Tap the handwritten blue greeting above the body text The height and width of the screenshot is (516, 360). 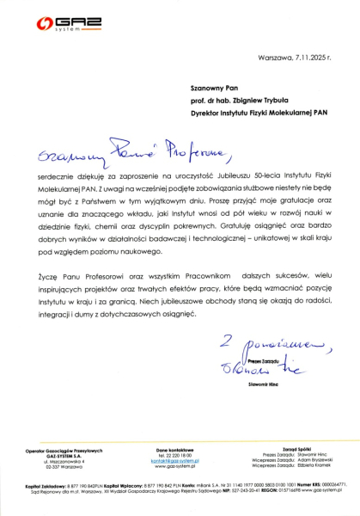coord(120,155)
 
